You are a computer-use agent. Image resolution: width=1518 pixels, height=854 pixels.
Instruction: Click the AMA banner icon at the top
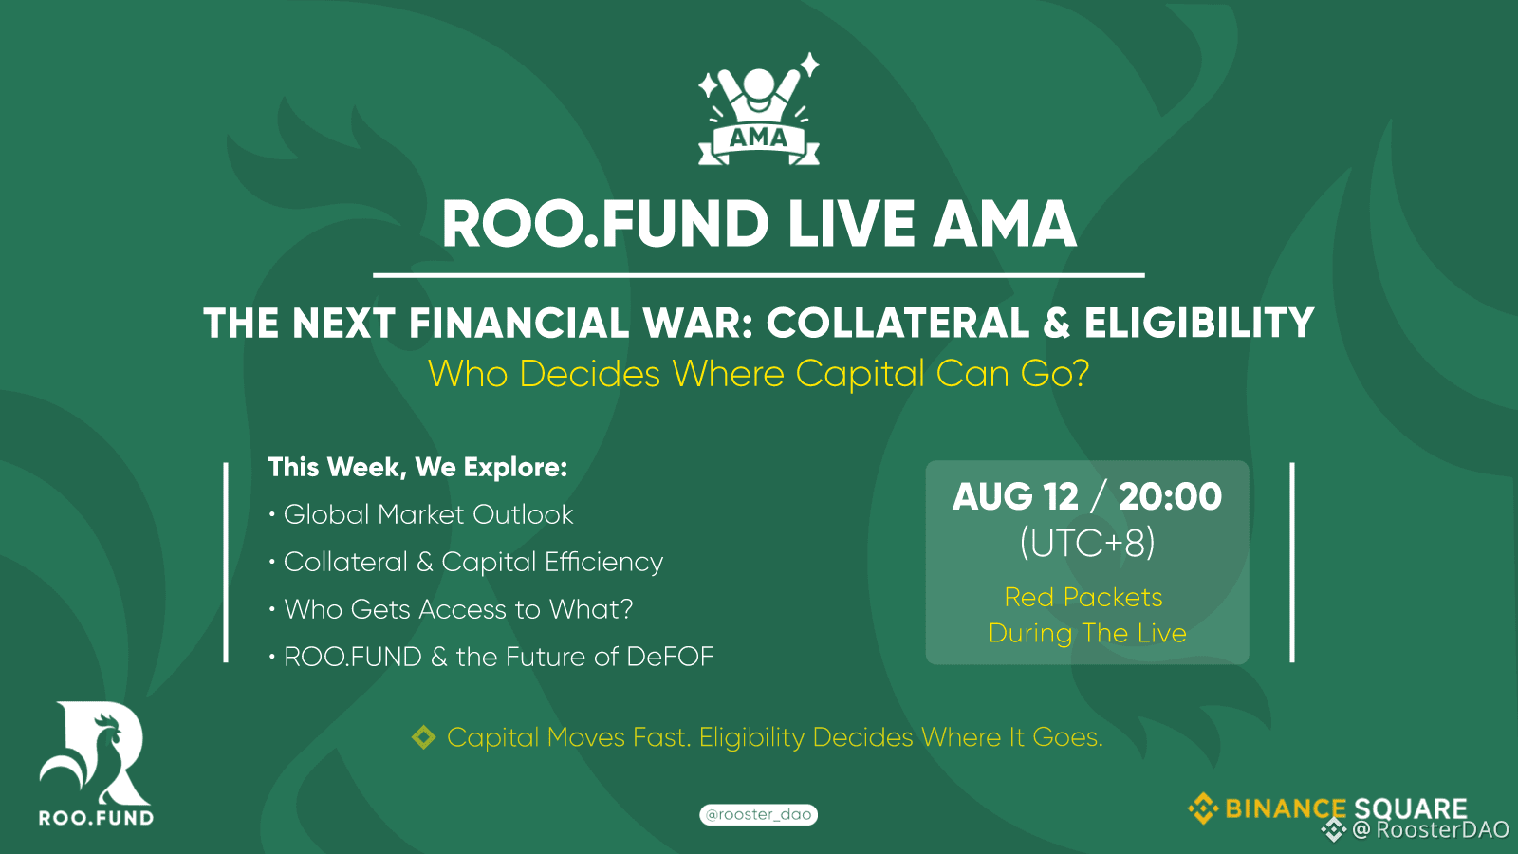[x=759, y=110]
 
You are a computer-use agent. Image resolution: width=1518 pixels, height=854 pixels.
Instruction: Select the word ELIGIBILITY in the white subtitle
[x=1199, y=323]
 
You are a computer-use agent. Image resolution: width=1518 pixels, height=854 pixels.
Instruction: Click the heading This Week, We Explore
[x=417, y=467]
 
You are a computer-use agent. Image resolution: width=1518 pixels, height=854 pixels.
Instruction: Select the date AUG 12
[x=1015, y=497]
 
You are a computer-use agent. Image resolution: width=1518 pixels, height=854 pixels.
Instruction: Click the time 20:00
[x=1171, y=497]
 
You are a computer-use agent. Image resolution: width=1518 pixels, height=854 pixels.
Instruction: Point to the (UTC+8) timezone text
[x=1087, y=543]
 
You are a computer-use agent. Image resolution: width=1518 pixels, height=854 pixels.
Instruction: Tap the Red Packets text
[x=1083, y=597]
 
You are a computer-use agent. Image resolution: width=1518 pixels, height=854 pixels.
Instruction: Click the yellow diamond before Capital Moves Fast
[x=423, y=737]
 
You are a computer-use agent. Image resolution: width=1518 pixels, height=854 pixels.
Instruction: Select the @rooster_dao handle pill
[x=758, y=814]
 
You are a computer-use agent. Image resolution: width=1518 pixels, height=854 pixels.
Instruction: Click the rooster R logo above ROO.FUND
[x=95, y=753]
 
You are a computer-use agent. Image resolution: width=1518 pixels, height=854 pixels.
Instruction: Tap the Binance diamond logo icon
[x=1203, y=808]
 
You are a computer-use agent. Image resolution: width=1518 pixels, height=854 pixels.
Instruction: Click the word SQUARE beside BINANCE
[x=1410, y=808]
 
